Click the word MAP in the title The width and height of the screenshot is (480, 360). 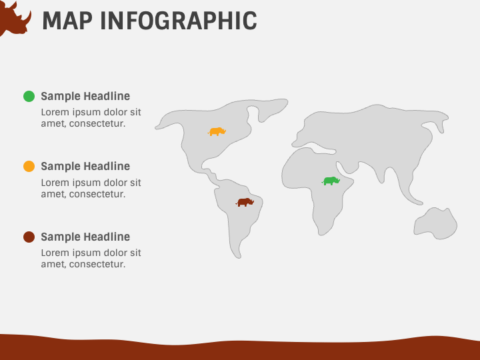click(x=67, y=21)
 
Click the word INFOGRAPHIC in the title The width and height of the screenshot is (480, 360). click(x=178, y=21)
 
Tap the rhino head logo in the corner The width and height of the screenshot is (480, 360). click(x=13, y=18)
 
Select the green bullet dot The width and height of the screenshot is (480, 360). click(x=29, y=96)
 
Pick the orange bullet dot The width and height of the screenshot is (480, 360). click(x=29, y=167)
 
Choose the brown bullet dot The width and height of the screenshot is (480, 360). click(x=29, y=237)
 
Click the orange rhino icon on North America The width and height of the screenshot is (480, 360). click(x=217, y=131)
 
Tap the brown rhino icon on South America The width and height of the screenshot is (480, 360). click(x=245, y=202)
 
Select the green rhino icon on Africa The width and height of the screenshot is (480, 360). click(x=331, y=181)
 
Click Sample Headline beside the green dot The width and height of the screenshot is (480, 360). click(x=85, y=96)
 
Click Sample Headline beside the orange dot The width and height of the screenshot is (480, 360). click(x=85, y=167)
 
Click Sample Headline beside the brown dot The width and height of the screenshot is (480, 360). click(x=85, y=237)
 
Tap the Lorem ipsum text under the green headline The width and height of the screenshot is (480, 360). click(x=91, y=118)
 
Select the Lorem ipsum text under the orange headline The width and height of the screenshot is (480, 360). click(x=91, y=189)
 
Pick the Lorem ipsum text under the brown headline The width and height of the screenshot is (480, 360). click(x=91, y=259)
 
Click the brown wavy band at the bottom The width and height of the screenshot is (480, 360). click(x=240, y=350)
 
